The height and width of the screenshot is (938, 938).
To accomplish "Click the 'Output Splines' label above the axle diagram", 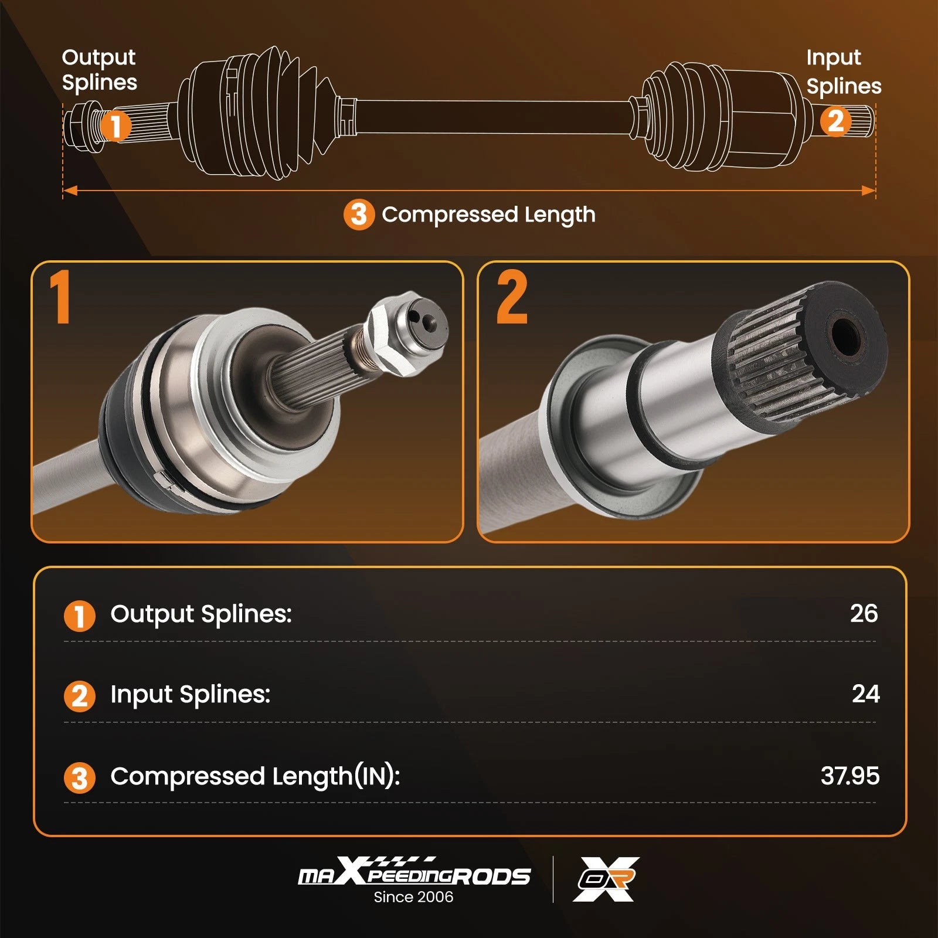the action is click(x=99, y=70).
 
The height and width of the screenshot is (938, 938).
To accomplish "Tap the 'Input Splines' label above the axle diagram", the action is click(x=844, y=72).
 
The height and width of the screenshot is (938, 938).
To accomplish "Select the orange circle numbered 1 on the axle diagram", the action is click(x=115, y=125).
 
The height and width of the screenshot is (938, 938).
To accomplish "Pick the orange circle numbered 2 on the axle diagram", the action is click(x=835, y=121).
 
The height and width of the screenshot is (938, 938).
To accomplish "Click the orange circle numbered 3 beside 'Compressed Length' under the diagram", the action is click(x=359, y=215).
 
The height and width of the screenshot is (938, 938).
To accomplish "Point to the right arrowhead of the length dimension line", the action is click(x=868, y=191).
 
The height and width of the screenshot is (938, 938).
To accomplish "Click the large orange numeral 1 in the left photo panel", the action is click(x=60, y=297).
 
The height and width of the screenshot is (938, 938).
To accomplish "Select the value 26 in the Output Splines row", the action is click(x=864, y=613).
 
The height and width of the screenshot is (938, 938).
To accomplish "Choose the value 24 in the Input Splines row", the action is click(x=865, y=694).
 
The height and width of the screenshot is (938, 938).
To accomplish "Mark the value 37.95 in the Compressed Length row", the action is click(x=850, y=776).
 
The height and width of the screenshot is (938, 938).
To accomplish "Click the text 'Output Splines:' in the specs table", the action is click(x=201, y=614).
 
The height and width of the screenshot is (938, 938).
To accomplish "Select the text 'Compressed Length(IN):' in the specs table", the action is click(x=255, y=777).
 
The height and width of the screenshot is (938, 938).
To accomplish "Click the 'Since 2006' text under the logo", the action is click(x=413, y=897).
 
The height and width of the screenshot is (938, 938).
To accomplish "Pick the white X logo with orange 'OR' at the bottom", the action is click(x=606, y=879).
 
